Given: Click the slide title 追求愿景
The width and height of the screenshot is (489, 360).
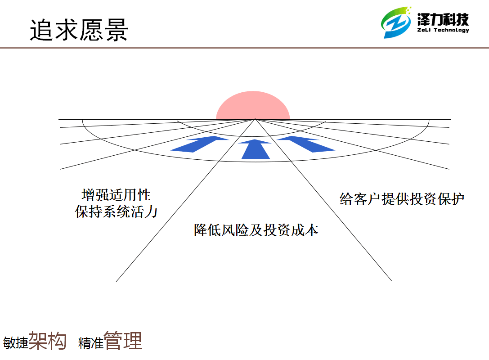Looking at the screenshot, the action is pyautogui.click(x=79, y=30).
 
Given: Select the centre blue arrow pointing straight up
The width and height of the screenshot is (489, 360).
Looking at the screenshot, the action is pyautogui.click(x=255, y=149).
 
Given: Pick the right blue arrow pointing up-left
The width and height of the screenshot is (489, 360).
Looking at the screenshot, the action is pyautogui.click(x=306, y=144).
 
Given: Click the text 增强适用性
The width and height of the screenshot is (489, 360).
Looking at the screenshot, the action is pyautogui.click(x=116, y=195).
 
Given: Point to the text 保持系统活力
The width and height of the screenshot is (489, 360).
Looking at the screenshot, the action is pyautogui.click(x=116, y=212).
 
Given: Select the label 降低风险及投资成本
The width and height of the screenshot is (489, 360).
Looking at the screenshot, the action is pyautogui.click(x=256, y=230).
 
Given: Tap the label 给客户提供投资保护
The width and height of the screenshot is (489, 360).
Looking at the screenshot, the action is pyautogui.click(x=402, y=199).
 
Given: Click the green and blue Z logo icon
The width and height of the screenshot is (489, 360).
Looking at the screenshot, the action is pyautogui.click(x=396, y=22).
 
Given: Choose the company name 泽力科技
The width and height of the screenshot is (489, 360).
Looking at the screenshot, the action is pyautogui.click(x=443, y=19).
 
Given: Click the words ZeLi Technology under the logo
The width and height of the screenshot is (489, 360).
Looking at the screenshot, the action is pyautogui.click(x=443, y=30).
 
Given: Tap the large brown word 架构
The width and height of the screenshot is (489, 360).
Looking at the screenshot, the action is pyautogui.click(x=47, y=341).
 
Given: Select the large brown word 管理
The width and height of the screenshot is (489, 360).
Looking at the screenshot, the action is pyautogui.click(x=123, y=341).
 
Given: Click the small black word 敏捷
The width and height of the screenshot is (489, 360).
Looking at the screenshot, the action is pyautogui.click(x=16, y=343).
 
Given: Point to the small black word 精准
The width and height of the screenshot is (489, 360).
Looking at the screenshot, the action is pyautogui.click(x=91, y=343).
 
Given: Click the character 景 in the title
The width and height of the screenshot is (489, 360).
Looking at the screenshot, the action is pyautogui.click(x=117, y=30).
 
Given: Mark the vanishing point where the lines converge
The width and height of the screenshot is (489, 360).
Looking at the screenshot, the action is pyautogui.click(x=255, y=119).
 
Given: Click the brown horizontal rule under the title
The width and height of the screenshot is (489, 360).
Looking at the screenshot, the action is pyautogui.click(x=245, y=48).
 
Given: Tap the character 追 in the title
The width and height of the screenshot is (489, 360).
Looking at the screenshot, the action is pyautogui.click(x=41, y=30).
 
